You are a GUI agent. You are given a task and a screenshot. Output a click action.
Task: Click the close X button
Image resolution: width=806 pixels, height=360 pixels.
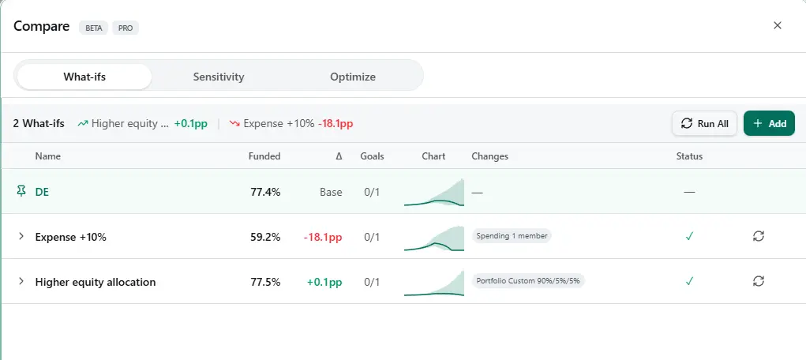[x=778, y=25]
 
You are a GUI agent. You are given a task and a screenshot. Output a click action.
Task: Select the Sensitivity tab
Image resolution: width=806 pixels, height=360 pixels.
[x=219, y=77]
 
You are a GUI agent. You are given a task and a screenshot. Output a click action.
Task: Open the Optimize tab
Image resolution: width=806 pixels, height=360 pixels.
[x=353, y=77]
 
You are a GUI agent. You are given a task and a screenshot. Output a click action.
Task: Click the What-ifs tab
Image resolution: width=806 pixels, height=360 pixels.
[x=84, y=77]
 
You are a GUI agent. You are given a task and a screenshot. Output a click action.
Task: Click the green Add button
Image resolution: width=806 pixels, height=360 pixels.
[x=769, y=123]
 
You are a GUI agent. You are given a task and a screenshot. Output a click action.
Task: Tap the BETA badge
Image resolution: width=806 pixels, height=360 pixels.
[x=93, y=28]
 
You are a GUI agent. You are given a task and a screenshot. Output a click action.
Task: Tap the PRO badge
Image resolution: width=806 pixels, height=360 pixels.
[x=126, y=28]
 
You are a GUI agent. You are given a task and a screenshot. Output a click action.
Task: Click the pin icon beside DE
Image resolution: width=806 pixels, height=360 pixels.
[x=21, y=191]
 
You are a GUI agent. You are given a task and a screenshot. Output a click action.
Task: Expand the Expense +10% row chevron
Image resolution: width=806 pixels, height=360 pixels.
[x=21, y=236]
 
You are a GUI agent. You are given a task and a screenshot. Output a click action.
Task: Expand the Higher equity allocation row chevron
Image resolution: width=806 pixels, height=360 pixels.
[x=21, y=281]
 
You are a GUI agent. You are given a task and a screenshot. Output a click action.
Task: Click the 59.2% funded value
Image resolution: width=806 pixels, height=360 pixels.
[x=264, y=236]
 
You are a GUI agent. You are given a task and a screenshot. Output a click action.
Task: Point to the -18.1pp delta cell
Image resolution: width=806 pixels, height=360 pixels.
[x=324, y=236]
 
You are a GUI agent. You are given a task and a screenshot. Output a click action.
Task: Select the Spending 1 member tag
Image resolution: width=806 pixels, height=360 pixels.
[x=512, y=235]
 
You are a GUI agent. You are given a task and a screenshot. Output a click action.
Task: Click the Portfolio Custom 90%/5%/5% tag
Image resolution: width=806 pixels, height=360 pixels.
[x=528, y=280]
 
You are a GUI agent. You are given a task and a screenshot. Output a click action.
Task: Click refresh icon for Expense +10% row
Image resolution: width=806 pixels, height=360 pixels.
[x=759, y=236]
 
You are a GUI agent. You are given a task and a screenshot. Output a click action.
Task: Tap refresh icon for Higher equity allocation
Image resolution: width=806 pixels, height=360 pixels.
[x=759, y=281]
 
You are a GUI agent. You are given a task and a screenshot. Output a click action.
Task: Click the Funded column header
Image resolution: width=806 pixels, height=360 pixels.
[x=264, y=156]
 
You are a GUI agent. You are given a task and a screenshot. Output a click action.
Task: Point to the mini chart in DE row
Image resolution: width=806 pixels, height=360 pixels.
[x=433, y=193]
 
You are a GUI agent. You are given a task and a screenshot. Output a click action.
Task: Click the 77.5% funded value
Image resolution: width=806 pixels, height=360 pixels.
[x=264, y=281]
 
